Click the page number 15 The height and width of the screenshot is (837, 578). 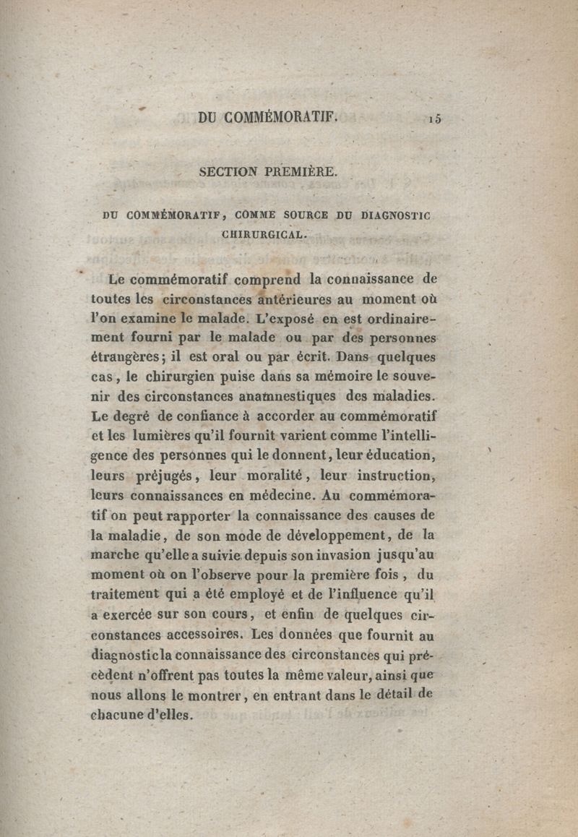click(x=433, y=120)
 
